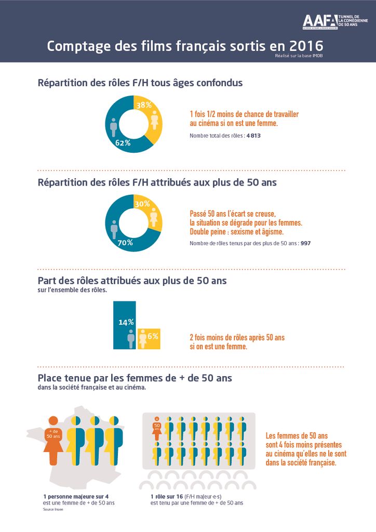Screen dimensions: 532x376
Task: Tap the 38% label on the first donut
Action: pos(144,105)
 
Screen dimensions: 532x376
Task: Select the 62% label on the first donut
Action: pos(123,143)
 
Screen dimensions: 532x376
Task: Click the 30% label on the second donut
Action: pos(142,204)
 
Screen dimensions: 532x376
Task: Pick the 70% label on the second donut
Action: pos(125,243)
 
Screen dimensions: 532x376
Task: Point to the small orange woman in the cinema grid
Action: pos(156,427)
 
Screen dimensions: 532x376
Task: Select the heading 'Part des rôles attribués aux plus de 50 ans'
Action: pos(132,281)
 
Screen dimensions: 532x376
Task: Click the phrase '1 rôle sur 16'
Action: pos(160,497)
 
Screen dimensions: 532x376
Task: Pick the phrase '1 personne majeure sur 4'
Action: pos(76,497)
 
